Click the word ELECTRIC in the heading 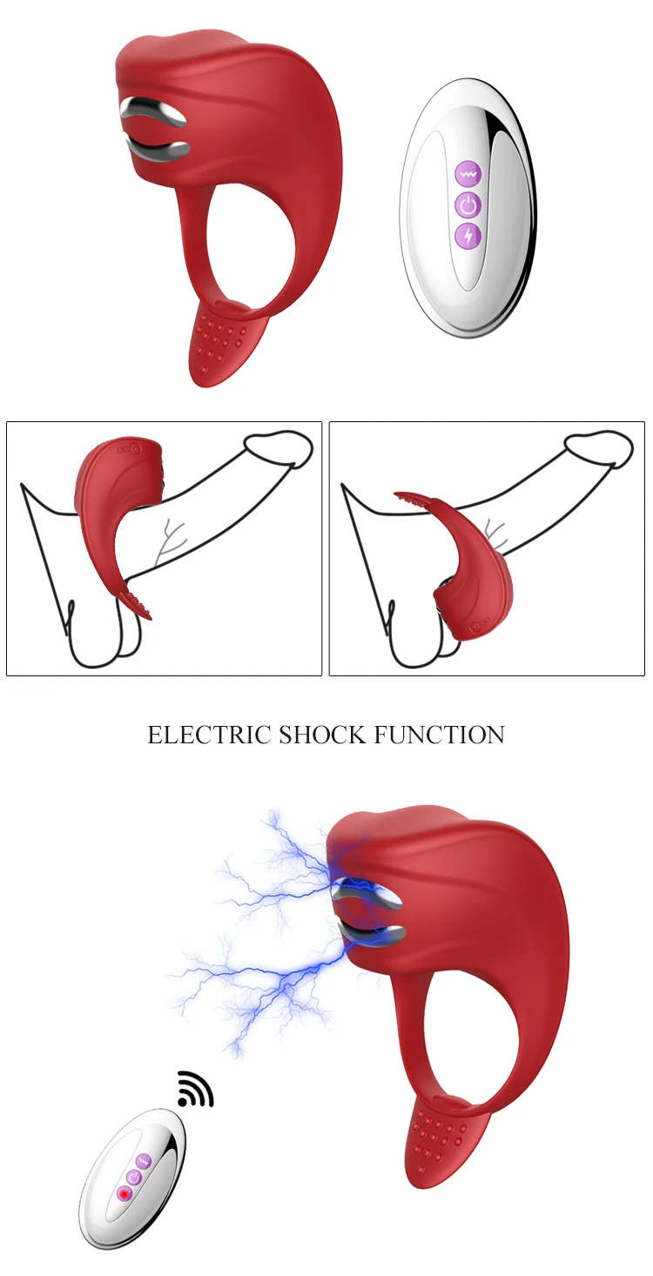point(209,735)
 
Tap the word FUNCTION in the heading point(440,735)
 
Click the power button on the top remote point(468,205)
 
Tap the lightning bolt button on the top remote point(468,235)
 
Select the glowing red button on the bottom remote point(125,1193)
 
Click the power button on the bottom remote point(133,1177)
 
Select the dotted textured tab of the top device point(221,339)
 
